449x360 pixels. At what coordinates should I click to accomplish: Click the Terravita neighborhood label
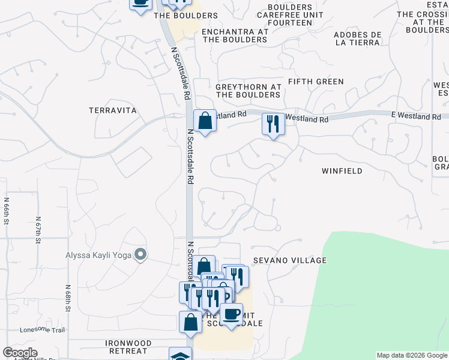click(x=113, y=110)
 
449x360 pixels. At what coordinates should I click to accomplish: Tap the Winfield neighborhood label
click(x=342, y=171)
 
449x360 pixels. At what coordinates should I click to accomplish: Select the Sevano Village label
click(x=289, y=260)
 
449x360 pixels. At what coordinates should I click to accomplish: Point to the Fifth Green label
click(x=316, y=82)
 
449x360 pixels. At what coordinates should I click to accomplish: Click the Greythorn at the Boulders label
click(x=248, y=91)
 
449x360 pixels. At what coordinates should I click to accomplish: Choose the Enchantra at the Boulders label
click(x=234, y=35)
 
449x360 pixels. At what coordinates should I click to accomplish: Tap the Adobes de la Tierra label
click(x=357, y=38)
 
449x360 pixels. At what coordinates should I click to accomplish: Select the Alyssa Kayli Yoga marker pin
click(x=140, y=255)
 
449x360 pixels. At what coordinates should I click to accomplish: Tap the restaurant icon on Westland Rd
click(x=273, y=124)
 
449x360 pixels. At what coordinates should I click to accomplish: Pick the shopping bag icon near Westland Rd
click(x=205, y=121)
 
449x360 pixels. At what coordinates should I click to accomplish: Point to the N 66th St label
click(x=7, y=211)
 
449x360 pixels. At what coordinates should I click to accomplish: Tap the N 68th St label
click(x=68, y=298)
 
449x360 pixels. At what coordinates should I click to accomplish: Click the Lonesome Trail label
click(x=42, y=329)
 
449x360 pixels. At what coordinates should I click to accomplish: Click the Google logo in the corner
click(x=20, y=353)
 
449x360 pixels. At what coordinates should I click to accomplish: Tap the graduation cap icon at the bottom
click(x=180, y=354)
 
